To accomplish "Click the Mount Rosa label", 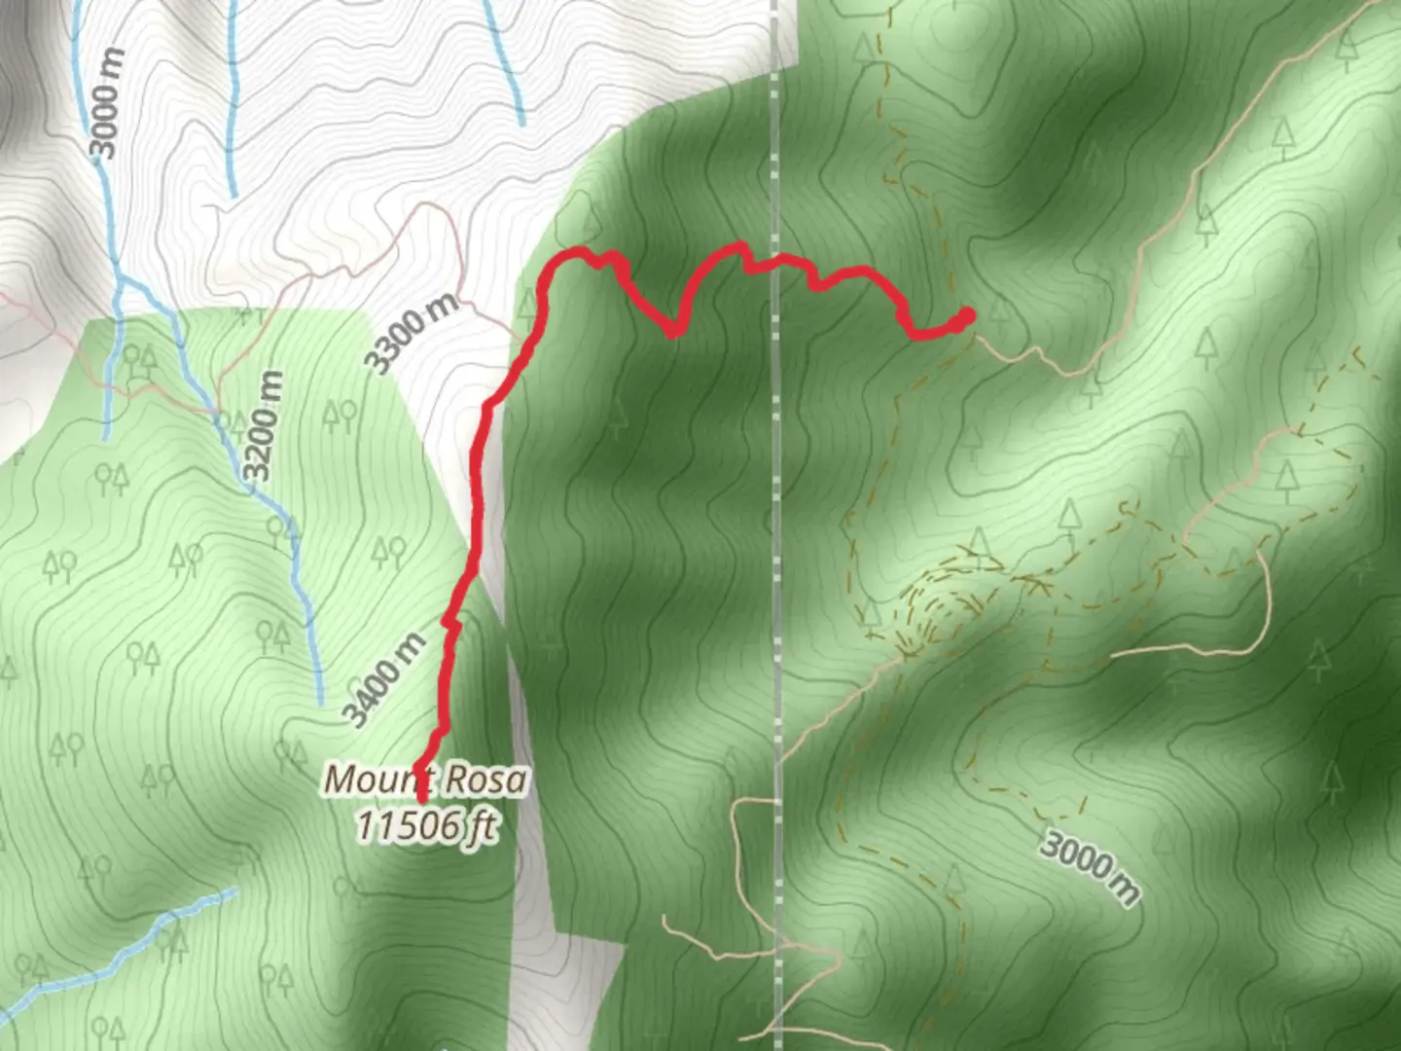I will (426, 780).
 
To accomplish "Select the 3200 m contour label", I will (264, 426).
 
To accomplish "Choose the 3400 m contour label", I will (384, 679).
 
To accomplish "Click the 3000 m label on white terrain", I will (107, 102).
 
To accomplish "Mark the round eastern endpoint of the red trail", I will (967, 314).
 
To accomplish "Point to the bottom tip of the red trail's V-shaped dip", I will (672, 333).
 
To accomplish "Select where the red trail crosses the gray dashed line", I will (775, 261).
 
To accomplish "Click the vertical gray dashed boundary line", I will (776, 584).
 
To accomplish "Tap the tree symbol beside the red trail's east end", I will (997, 311).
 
